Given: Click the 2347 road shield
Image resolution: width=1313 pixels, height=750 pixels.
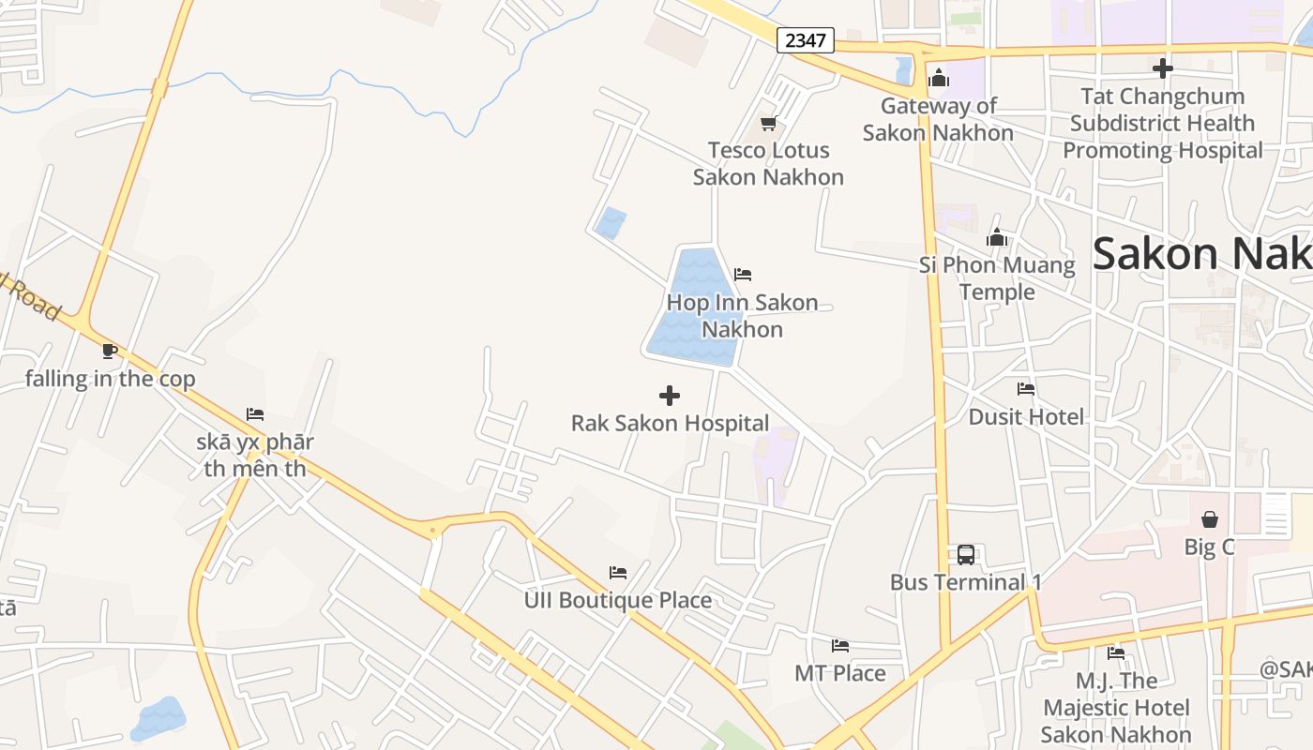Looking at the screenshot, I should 805,40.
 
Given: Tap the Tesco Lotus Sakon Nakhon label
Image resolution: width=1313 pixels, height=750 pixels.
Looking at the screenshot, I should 768,163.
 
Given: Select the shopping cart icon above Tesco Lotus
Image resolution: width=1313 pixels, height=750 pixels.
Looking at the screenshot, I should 768,123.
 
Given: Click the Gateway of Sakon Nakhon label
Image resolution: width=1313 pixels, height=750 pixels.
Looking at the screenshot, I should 938,119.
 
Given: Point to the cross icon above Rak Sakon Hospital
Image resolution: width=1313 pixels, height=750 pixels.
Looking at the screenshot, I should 670,396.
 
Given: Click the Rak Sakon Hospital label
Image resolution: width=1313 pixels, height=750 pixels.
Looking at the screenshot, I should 670,423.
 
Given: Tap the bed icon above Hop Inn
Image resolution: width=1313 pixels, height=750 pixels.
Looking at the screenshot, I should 743,275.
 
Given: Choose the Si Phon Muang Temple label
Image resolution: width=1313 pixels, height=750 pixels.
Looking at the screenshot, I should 997,278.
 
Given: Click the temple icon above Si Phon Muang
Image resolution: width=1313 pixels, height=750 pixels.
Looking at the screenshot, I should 997,238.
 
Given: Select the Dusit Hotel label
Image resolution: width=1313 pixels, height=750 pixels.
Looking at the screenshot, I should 1026,416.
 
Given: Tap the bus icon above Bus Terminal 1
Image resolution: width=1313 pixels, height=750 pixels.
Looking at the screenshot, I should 966,554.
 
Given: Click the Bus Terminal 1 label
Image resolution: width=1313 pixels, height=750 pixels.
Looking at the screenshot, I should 966,582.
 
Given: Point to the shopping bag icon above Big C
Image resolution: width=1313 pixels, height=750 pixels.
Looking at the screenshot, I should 1210,519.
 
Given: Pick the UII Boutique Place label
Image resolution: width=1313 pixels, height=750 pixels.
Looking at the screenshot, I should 618,600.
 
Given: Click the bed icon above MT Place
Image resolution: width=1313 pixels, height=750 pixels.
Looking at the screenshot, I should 840,646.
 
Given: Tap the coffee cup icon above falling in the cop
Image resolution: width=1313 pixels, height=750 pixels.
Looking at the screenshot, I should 110,352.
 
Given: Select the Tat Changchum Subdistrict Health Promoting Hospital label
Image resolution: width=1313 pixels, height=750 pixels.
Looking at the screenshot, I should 1163,123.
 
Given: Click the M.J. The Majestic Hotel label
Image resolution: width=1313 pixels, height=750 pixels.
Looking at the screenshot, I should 1116,708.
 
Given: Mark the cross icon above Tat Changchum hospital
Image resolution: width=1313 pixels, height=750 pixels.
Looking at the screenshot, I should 1163,68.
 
